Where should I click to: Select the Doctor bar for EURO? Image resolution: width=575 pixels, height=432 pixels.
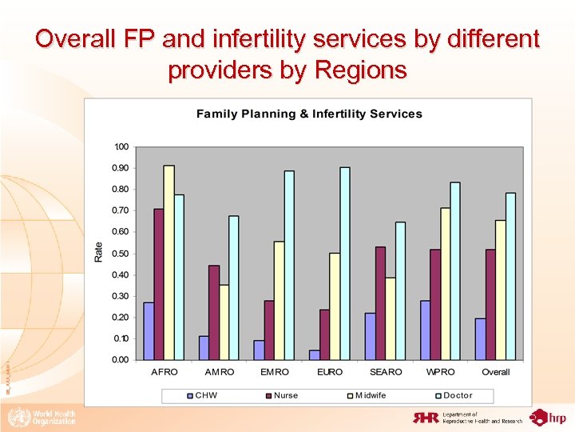point(345,263)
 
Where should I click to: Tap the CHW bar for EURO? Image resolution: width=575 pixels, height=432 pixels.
point(314,354)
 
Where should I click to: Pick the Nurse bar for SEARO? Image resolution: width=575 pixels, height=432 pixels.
point(380,303)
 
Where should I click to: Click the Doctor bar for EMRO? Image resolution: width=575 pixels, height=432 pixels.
point(289,265)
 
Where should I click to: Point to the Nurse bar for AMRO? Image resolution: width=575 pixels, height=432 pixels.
point(214,312)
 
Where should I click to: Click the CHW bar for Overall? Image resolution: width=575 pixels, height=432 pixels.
point(480,338)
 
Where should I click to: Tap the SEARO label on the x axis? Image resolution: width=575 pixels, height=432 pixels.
point(385,372)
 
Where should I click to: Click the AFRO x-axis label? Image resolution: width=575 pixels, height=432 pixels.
point(165,372)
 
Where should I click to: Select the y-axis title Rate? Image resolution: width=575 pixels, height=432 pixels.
point(99,253)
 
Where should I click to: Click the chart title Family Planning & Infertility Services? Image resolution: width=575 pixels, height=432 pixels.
point(309,114)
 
